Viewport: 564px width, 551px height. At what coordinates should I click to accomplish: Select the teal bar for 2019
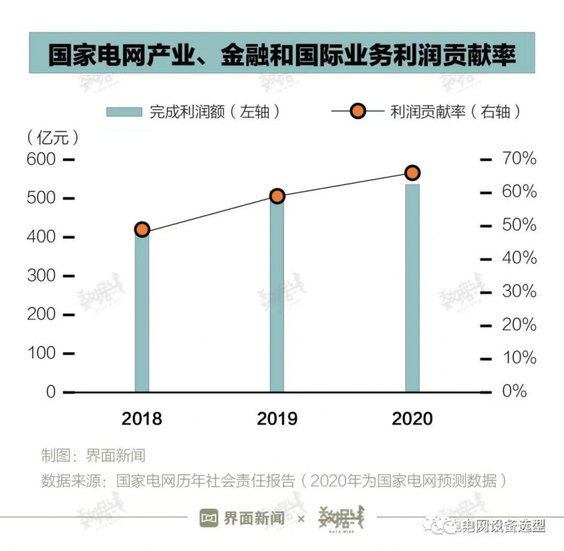(x=277, y=296)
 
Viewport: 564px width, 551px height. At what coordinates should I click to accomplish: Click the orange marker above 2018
(x=142, y=229)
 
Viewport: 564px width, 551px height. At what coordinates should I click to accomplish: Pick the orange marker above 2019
(x=277, y=196)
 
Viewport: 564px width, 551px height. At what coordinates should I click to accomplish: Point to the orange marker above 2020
(x=412, y=173)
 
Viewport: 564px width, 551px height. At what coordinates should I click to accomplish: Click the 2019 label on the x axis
(x=277, y=418)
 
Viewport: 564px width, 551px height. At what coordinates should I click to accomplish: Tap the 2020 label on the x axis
(x=412, y=418)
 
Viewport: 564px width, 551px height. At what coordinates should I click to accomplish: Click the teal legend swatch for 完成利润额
(x=125, y=111)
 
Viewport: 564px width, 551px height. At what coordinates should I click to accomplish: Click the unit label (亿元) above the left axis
(x=51, y=136)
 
